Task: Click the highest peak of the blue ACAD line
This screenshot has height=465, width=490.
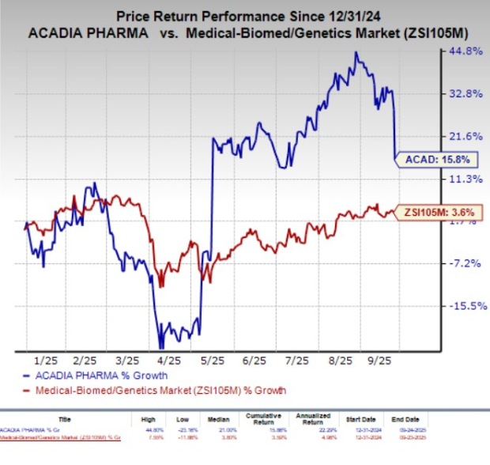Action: (357, 53)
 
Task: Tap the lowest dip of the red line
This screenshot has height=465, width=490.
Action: (161, 287)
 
